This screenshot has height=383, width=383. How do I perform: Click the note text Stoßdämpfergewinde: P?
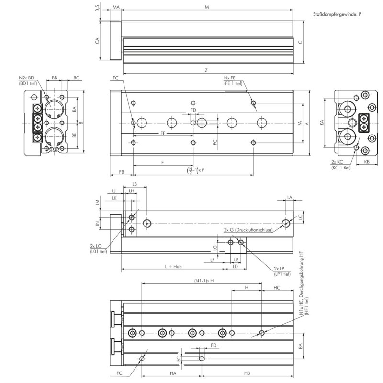337,14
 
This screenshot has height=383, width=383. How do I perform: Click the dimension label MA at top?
116,7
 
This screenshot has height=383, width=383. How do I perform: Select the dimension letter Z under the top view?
206,70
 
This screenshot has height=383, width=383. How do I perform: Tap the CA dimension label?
97,41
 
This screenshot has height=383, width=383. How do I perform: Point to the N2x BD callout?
27,78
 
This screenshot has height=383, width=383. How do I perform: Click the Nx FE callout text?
230,78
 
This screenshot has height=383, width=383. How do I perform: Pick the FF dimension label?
163,133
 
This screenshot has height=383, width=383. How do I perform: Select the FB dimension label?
122,172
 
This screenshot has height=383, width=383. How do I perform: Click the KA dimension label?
321,123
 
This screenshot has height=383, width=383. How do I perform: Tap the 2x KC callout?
337,162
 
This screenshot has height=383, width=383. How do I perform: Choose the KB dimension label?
367,162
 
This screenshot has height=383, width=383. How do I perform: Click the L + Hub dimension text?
173,266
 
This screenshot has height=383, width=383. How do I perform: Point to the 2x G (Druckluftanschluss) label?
248,230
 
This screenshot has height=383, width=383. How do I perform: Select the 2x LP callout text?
279,268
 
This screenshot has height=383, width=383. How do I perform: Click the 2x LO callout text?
96,246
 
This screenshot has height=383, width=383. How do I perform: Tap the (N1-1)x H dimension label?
204,281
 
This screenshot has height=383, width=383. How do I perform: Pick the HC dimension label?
277,288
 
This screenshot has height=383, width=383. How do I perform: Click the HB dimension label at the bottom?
247,373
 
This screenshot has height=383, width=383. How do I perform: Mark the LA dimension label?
290,197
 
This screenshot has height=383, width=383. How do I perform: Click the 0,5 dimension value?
98,8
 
